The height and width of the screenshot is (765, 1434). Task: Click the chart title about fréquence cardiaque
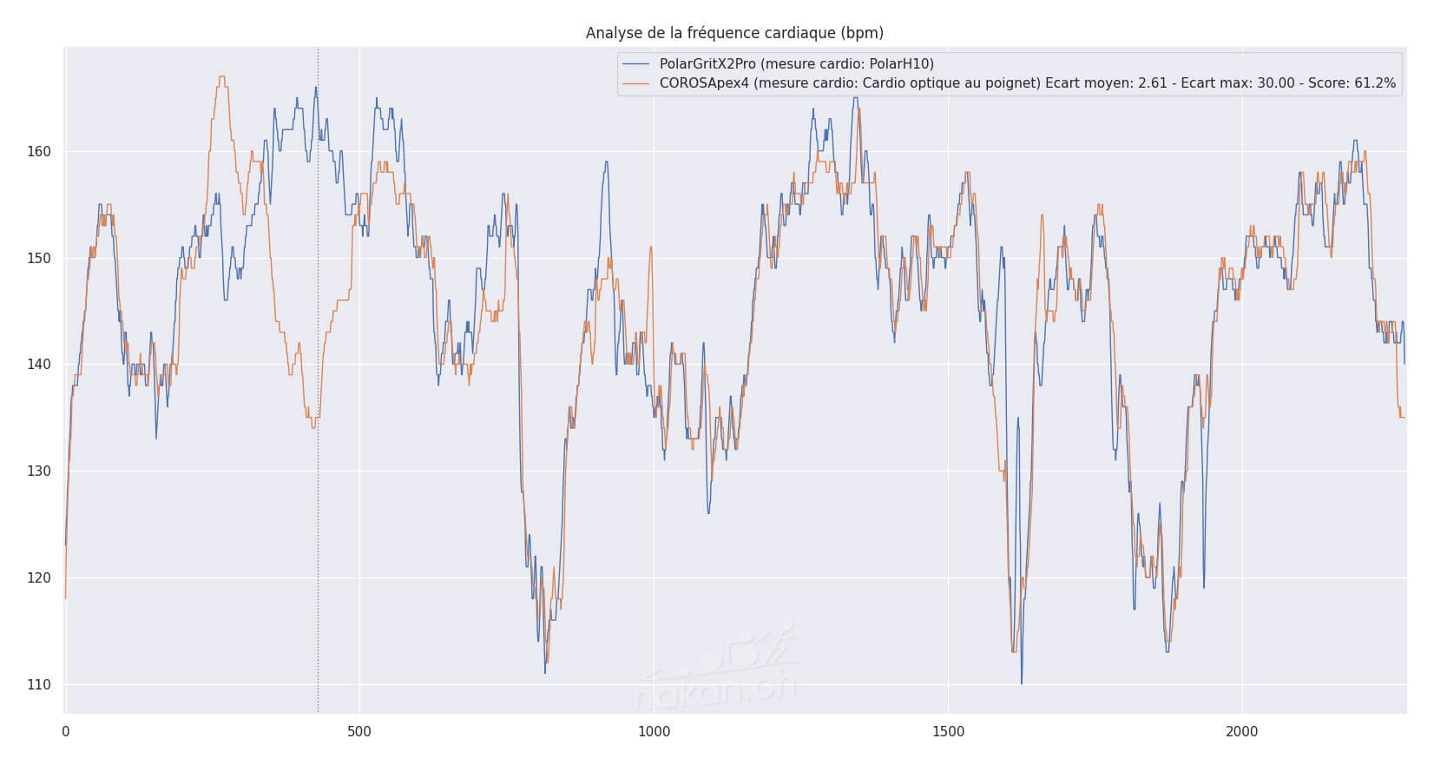point(734,33)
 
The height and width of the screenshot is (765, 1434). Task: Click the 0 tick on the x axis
point(65,731)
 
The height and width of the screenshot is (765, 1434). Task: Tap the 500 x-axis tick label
point(359,731)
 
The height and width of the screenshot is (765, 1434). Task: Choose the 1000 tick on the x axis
point(654,731)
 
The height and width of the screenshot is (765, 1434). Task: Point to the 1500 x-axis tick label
point(948,731)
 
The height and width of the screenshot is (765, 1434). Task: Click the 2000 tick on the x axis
point(1242,731)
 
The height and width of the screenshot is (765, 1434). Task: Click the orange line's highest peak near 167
point(221,77)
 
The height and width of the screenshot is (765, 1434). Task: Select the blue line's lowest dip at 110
point(1021,683)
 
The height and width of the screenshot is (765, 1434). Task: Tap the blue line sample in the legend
point(637,63)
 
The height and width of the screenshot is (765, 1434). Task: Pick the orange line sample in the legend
point(637,83)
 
